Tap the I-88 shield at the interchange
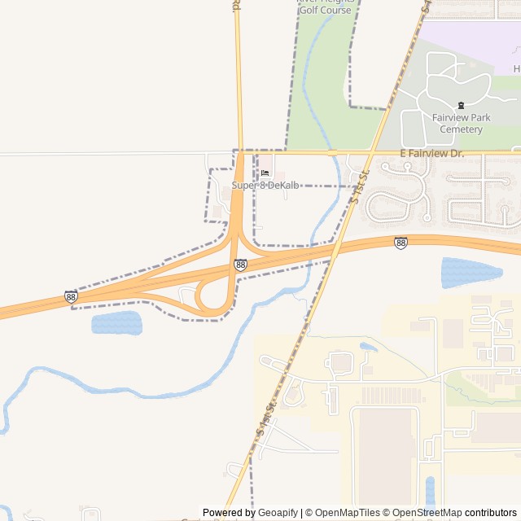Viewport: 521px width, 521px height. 240,265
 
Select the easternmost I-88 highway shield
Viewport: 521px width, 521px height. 401,243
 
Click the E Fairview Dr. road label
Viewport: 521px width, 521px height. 431,153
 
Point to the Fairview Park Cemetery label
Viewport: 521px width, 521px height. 462,124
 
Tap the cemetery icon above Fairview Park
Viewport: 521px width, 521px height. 462,105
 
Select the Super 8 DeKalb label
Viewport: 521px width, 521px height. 265,186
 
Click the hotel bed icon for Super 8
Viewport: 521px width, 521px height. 265,173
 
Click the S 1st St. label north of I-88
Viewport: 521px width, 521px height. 359,186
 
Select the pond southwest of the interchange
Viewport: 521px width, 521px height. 116,323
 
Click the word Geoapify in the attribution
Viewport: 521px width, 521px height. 278,513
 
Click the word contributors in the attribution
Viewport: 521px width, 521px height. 491,513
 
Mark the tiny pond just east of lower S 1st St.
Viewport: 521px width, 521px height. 368,347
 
